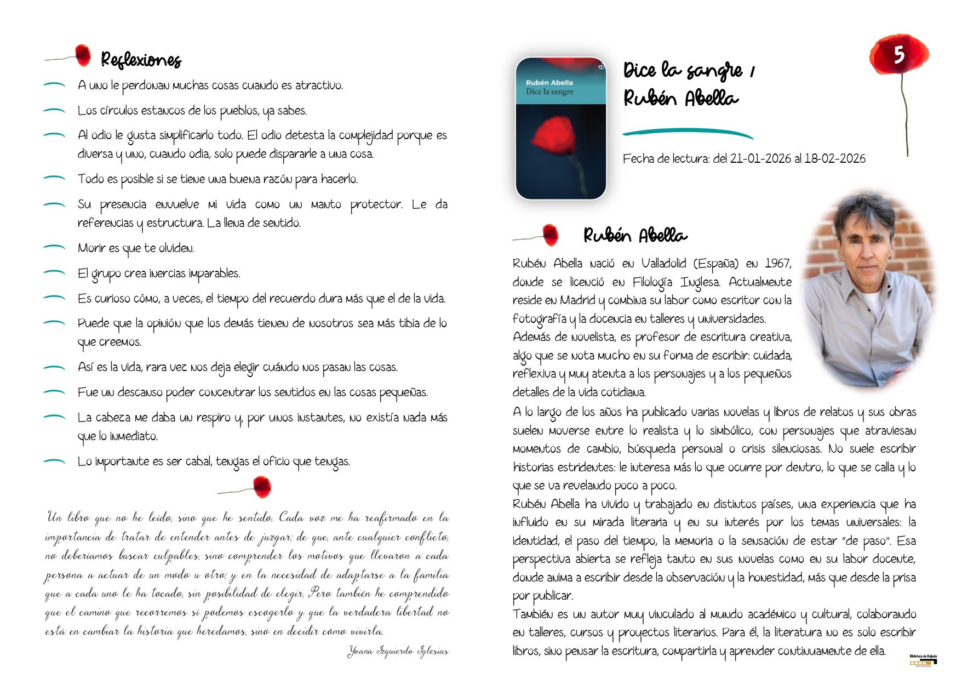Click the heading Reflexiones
[x=141, y=59]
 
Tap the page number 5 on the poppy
[x=898, y=54]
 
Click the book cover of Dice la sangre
[x=560, y=128]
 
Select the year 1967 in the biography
[x=777, y=264]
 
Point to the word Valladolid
[x=663, y=264]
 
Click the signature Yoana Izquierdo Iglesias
[x=398, y=651]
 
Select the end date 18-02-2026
[x=835, y=159]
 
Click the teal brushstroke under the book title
[x=688, y=133]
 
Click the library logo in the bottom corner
[x=923, y=659]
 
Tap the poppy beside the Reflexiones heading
[x=83, y=55]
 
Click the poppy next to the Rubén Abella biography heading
[x=550, y=235]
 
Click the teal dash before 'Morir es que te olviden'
[x=54, y=248]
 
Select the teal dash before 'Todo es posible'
[x=54, y=178]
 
